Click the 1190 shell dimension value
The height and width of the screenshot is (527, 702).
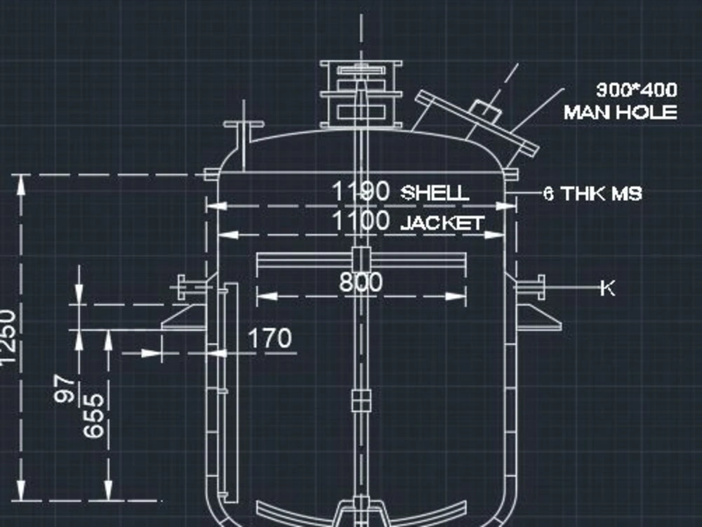point(360,192)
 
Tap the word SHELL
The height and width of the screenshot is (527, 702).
point(434,193)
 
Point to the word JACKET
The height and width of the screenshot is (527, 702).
point(442,223)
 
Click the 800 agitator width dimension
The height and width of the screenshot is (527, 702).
point(361,282)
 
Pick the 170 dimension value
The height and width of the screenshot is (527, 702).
point(270,339)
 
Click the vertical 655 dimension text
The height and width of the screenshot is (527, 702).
point(94,415)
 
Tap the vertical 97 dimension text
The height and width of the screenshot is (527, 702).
point(65,389)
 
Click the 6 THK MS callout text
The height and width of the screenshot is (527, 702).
point(592,193)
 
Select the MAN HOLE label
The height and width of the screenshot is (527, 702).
point(620,112)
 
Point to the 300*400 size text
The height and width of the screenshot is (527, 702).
point(636,91)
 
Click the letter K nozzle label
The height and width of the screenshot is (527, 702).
point(607,288)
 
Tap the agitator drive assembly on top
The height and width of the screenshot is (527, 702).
point(361,94)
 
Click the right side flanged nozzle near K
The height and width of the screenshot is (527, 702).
point(531,287)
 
